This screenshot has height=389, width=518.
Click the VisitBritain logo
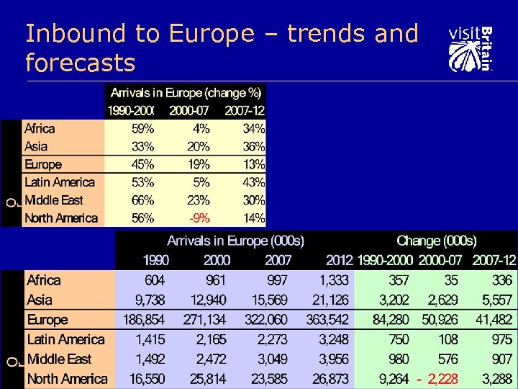coord(471,48)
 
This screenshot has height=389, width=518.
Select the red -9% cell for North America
coord(199,218)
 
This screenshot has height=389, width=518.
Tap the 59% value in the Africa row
coord(142,129)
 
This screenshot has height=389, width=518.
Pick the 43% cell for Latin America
coord(253,183)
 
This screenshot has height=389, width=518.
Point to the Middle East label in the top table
coord(53,200)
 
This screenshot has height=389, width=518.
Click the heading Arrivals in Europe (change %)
coord(186,93)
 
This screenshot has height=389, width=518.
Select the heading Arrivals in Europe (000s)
coord(235,241)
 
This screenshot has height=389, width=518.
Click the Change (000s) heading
coord(436,241)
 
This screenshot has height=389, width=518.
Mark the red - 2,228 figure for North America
coord(437,379)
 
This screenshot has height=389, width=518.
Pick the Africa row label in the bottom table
coord(43,280)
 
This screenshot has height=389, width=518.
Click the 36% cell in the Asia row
coord(253,147)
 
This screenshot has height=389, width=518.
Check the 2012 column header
coord(339,260)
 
